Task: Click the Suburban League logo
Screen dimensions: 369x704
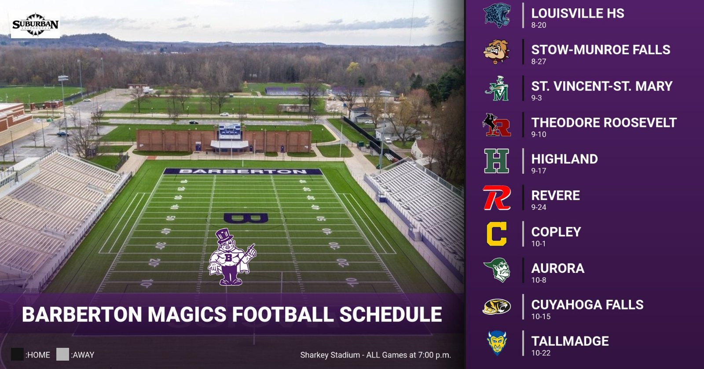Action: [x=35, y=25]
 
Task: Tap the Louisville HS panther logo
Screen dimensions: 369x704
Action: [x=497, y=16]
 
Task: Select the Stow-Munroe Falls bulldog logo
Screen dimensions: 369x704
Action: [x=497, y=52]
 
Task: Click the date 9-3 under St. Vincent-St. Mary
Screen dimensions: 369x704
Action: [x=536, y=98]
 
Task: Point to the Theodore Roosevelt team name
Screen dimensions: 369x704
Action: [x=604, y=123]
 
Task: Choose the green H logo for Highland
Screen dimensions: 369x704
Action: [x=497, y=161]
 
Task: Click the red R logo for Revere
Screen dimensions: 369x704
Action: [x=497, y=198]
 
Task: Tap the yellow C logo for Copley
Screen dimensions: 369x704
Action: [x=497, y=234]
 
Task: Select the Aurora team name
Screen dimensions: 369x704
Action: [x=557, y=268]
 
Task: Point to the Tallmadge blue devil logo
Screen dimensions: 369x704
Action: [x=497, y=343]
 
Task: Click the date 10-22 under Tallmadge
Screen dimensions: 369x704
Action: [x=541, y=353]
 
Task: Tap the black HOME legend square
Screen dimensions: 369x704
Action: [x=17, y=354]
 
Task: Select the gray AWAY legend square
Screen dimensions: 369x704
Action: [x=62, y=354]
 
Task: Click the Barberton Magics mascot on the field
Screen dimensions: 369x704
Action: [x=231, y=257]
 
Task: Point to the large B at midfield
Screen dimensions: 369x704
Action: [x=246, y=217]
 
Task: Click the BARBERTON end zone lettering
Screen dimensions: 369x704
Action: [x=243, y=171]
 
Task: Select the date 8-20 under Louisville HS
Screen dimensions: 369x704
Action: [x=539, y=25]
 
